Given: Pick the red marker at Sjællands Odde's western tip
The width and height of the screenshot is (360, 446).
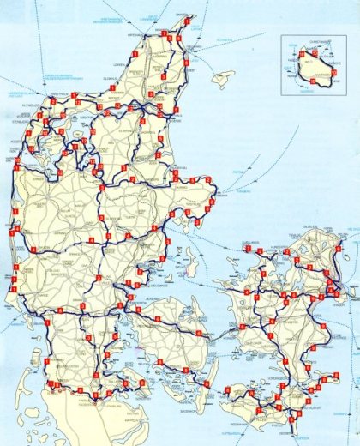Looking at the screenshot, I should click(249, 250).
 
